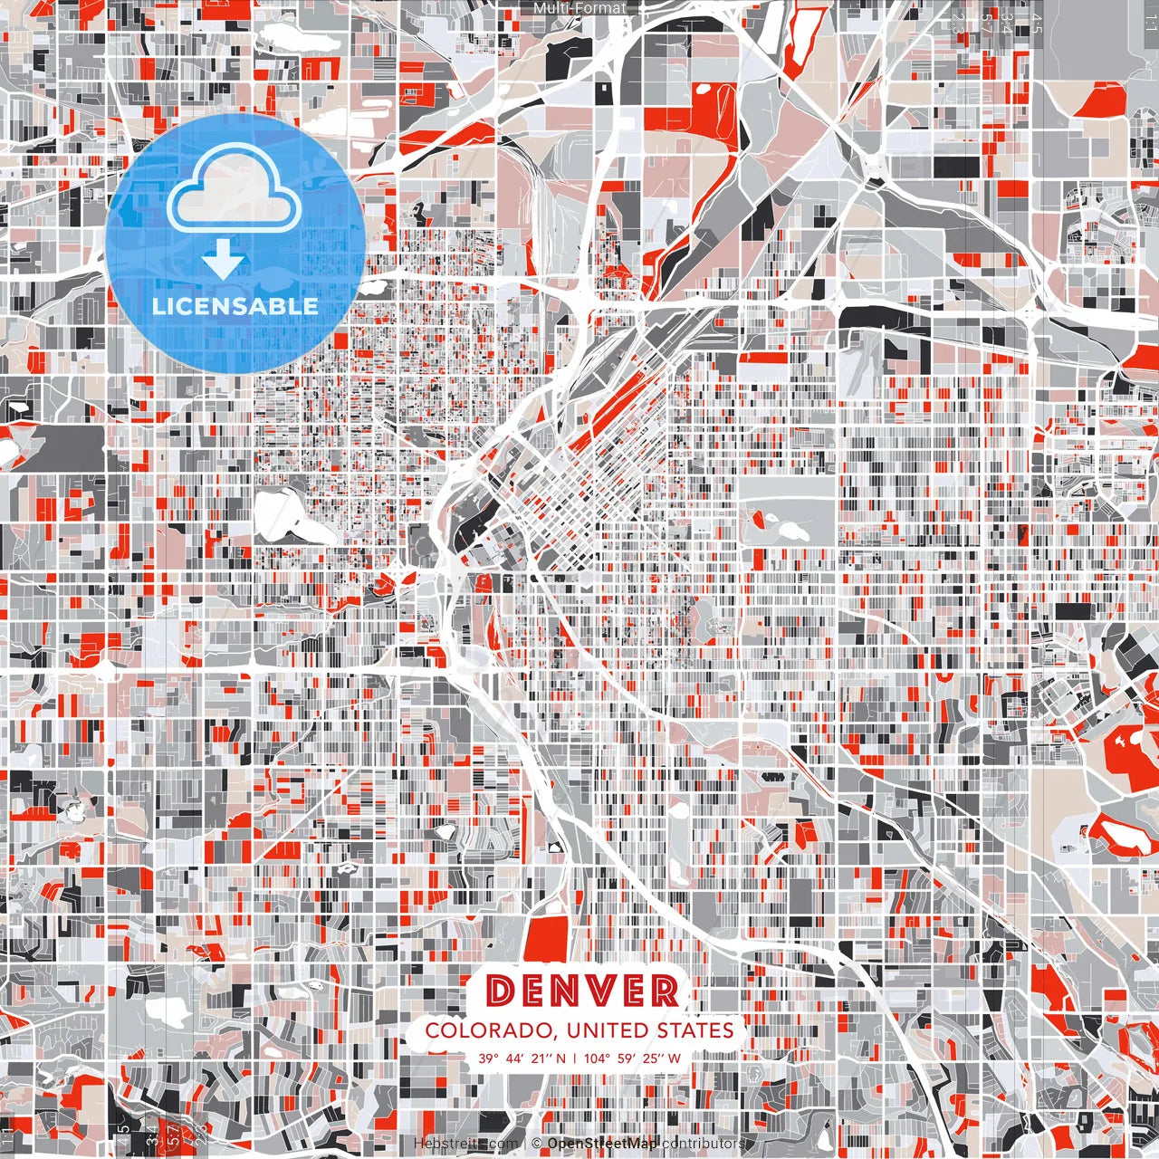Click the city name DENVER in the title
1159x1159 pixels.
point(582,991)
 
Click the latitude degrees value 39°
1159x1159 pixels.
point(489,1058)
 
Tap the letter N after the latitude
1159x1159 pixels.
point(560,1058)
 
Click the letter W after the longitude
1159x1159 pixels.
point(674,1058)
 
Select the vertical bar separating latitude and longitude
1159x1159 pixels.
point(574,1058)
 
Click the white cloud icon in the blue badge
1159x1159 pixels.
point(235,192)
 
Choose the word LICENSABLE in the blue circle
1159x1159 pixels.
point(235,306)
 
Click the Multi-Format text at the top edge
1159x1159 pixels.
point(579,8)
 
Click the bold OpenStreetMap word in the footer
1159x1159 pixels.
point(601,1144)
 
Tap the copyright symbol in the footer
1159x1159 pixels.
point(536,1144)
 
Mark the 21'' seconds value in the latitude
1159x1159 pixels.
point(541,1058)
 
